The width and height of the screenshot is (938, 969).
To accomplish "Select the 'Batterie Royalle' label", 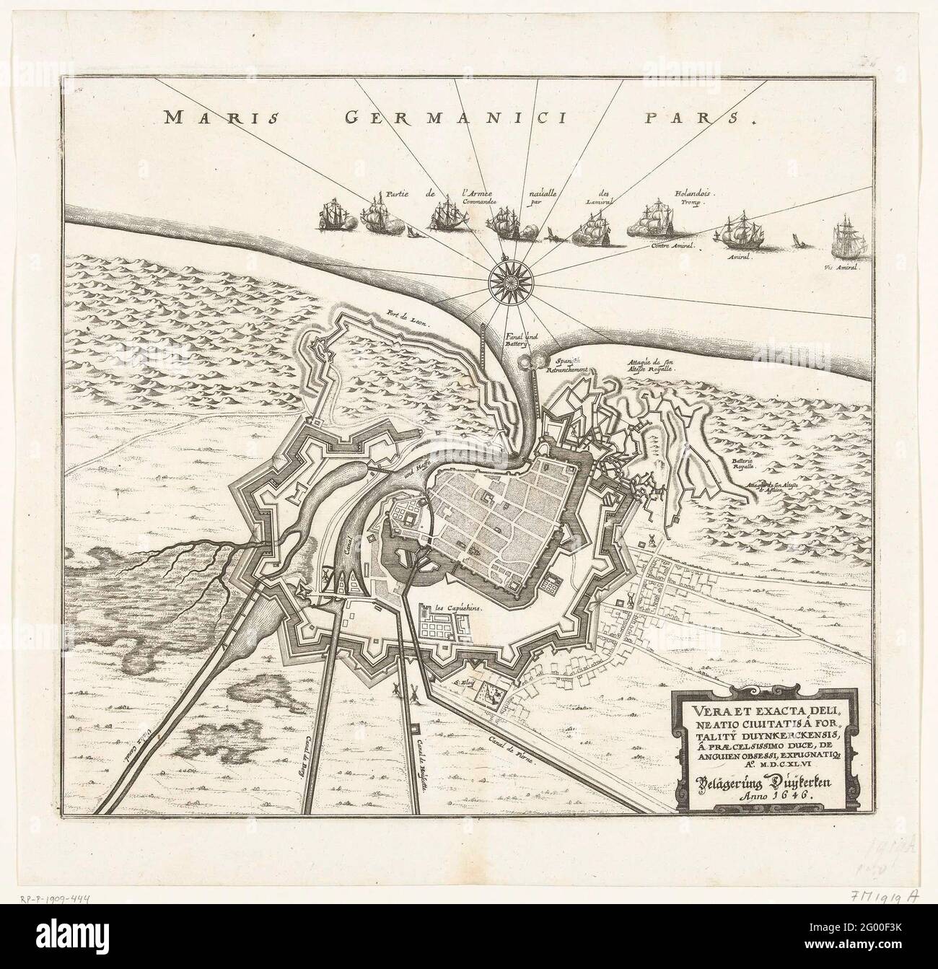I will coord(734,468).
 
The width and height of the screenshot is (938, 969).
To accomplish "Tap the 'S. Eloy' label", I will coord(464,679).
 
